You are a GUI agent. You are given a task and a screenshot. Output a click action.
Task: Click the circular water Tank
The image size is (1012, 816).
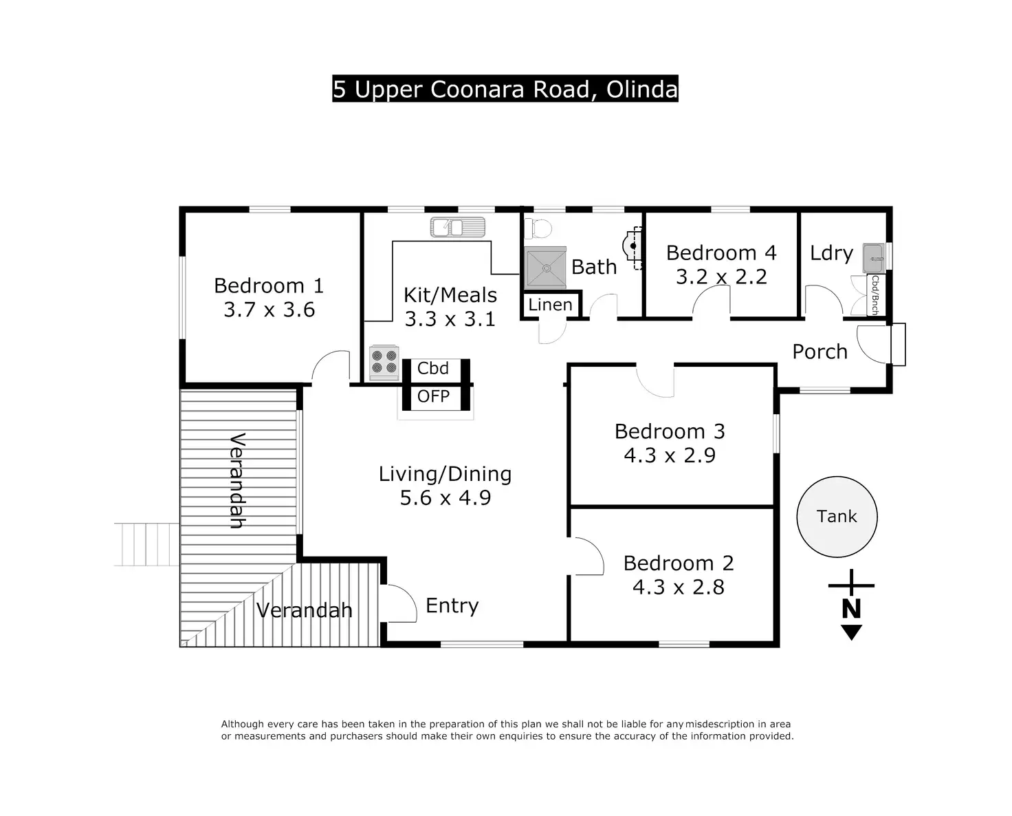pyautogui.click(x=837, y=516)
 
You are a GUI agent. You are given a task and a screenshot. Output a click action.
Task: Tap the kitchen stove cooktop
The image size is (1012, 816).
pyautogui.click(x=384, y=363)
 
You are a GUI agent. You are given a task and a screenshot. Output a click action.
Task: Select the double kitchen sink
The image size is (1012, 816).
pyautogui.click(x=458, y=227)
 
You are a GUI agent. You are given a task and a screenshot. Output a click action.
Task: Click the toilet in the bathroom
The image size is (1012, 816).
pyautogui.click(x=539, y=229)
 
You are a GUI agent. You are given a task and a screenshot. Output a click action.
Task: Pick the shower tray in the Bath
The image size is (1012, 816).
pyautogui.click(x=545, y=268)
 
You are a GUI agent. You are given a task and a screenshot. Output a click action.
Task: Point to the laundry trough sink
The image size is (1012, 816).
pyautogui.click(x=874, y=258)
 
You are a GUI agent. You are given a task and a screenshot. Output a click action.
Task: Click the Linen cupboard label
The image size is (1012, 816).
pyautogui.click(x=550, y=305)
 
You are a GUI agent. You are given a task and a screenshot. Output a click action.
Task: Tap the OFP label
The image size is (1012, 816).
pyautogui.click(x=433, y=396)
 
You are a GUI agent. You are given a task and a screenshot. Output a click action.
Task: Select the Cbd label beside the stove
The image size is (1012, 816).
pyautogui.click(x=432, y=368)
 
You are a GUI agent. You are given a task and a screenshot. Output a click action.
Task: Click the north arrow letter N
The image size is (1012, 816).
pyautogui.click(x=851, y=609)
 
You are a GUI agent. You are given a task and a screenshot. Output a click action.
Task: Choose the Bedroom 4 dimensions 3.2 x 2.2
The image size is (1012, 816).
pyautogui.click(x=721, y=276)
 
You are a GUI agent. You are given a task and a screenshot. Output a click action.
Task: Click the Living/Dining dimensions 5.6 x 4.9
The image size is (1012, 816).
pyautogui.click(x=445, y=497)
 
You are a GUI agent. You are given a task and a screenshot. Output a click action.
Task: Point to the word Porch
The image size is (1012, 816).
pyautogui.click(x=819, y=352)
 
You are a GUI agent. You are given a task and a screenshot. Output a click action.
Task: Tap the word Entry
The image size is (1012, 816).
pyautogui.click(x=452, y=606)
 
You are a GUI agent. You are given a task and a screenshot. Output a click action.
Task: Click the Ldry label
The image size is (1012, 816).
pyautogui.click(x=831, y=253)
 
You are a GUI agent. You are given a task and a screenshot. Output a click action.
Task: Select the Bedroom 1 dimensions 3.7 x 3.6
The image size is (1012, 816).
pyautogui.click(x=269, y=309)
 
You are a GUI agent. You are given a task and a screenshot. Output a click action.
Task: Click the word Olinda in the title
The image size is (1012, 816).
pyautogui.click(x=641, y=89)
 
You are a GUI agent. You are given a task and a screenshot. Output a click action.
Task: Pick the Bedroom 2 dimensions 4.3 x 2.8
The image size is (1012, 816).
pyautogui.click(x=678, y=587)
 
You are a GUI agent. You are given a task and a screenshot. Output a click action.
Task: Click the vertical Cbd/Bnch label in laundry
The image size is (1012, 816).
pyautogui.click(x=875, y=295)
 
